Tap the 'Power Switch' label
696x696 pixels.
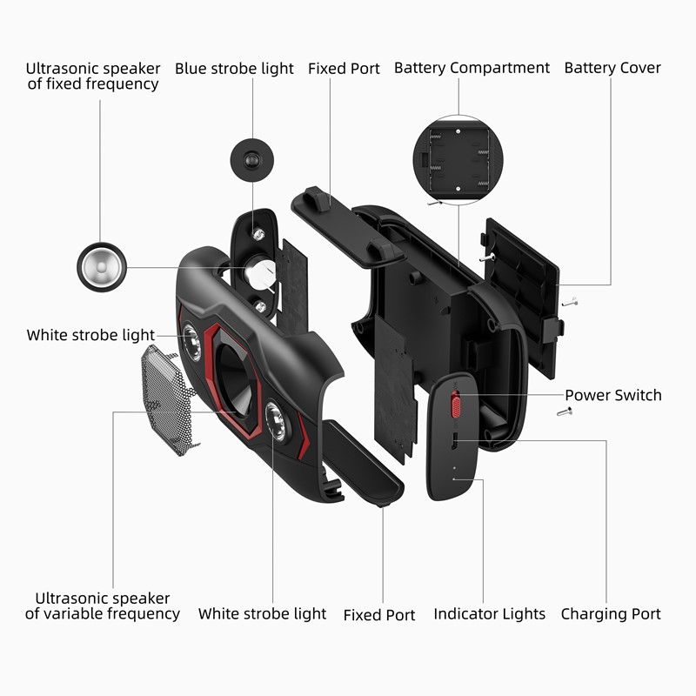tap(613, 395)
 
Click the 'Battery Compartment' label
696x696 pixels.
tap(472, 68)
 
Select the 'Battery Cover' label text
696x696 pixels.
tap(612, 68)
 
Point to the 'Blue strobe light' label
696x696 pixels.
tap(234, 68)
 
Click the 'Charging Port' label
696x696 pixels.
tap(611, 614)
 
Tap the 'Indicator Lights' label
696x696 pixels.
tap(490, 614)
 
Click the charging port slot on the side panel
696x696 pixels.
tap(452, 443)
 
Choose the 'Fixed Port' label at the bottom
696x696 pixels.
tap(379, 615)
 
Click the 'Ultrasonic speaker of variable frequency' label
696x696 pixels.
tap(103, 606)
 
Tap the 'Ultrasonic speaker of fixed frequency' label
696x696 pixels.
tap(92, 76)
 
